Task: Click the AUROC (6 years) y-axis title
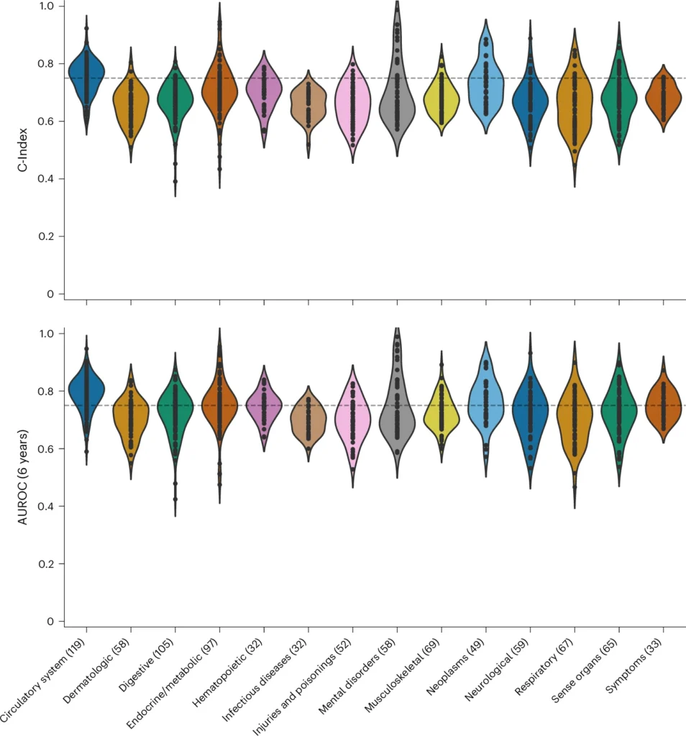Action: (x=23, y=476)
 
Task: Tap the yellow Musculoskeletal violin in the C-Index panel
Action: (x=442, y=97)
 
